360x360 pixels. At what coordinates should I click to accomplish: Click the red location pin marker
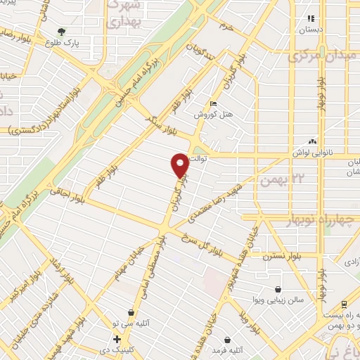click(x=180, y=165)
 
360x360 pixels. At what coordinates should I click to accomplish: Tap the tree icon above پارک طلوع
click(x=63, y=32)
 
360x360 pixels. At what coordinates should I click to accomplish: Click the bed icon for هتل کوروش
click(x=214, y=104)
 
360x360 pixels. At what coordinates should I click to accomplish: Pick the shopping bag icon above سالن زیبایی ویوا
click(x=279, y=289)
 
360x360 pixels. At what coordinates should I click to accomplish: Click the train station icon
click(x=343, y=304)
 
